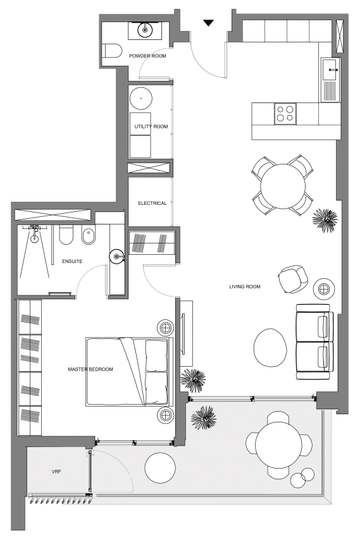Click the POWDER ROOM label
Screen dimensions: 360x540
147,56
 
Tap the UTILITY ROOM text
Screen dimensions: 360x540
151,126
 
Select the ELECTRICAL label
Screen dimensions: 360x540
152,203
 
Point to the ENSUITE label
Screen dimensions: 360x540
72,261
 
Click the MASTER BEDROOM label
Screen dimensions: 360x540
90,369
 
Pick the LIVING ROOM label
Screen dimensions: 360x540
245,286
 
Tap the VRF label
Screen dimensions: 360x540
56,472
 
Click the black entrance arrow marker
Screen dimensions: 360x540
208,23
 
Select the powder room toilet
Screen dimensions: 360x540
113,51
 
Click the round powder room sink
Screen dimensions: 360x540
145,30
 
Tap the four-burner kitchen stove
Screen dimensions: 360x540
285,114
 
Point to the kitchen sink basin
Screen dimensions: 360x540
330,69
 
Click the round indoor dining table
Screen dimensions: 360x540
282,186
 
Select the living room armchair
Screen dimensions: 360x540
293,279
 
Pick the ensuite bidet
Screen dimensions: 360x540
89,236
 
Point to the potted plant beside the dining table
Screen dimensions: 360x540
325,220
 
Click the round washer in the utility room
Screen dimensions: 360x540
141,99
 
